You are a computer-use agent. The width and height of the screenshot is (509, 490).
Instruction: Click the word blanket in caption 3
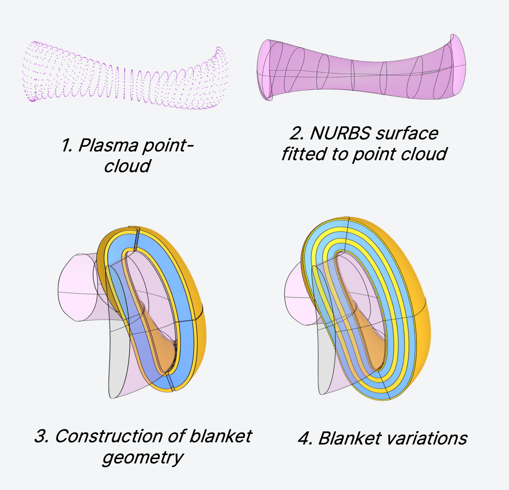pos(221,436)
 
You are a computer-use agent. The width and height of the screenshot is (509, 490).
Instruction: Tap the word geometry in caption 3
pos(143,458)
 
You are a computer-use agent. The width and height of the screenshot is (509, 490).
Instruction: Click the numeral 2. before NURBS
pos(297,134)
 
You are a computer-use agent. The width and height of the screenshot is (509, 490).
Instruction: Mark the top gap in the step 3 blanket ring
pos(138,238)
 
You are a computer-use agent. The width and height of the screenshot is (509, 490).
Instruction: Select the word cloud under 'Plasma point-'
pos(127,166)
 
